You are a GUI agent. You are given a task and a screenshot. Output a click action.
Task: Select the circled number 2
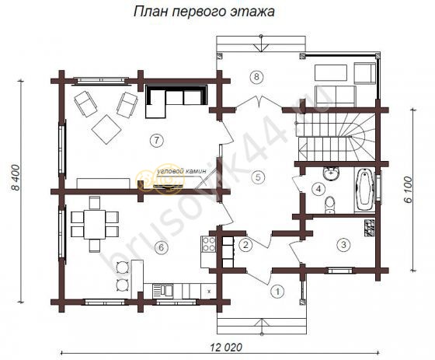pos(245,246)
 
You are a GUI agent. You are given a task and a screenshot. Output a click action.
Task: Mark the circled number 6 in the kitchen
pos(160,247)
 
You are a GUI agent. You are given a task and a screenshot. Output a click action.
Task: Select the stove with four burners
pos(208,245)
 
